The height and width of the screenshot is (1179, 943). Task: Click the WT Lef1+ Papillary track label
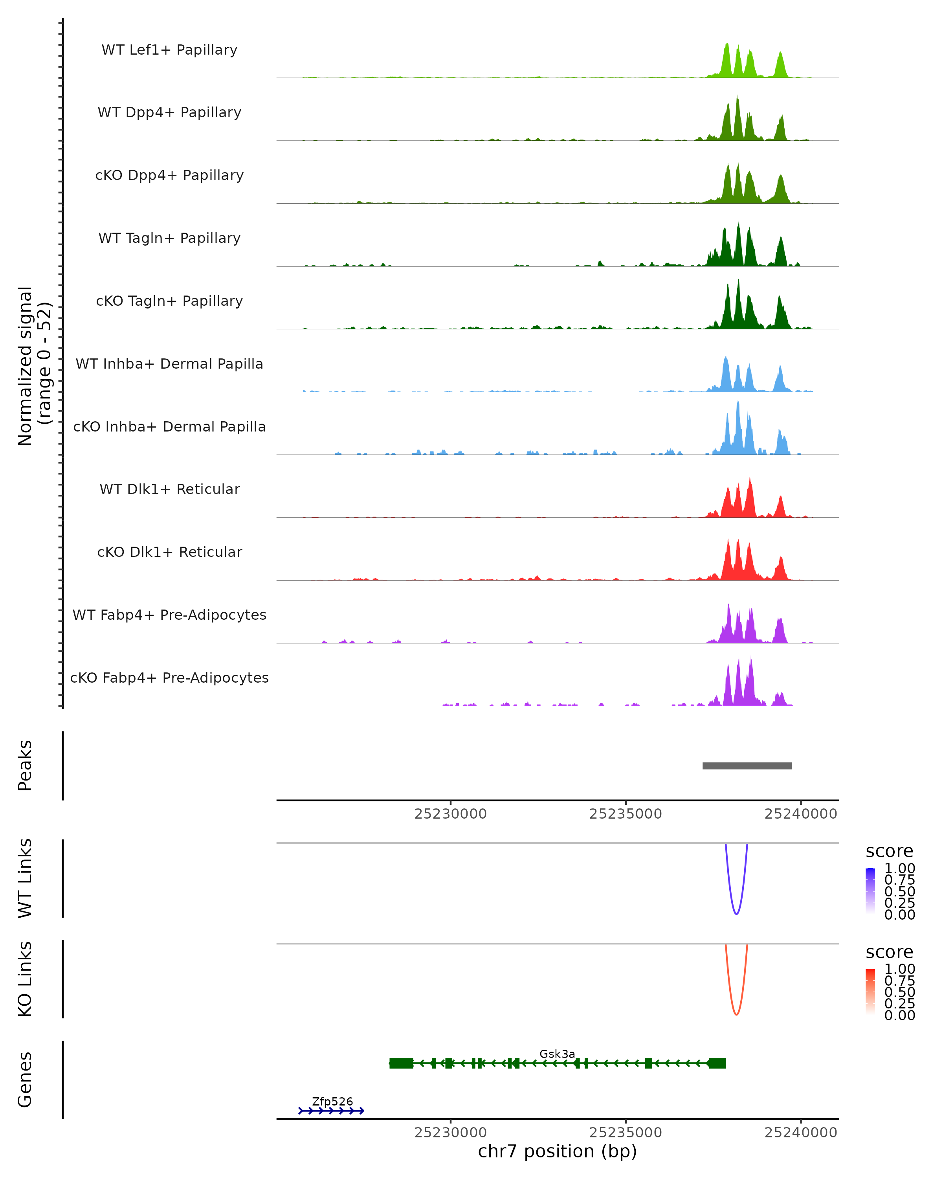coord(169,50)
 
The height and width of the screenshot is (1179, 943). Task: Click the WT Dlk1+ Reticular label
coord(169,489)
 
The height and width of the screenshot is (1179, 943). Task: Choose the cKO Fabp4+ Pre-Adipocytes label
coord(169,678)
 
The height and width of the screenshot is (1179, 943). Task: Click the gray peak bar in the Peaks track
coord(747,766)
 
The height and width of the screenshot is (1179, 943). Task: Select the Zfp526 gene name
coord(332,1101)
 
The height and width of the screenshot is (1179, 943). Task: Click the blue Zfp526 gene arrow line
coord(331,1111)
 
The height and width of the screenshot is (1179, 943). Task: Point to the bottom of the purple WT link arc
coord(736,913)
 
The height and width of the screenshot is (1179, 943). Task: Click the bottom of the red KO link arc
coord(736,1014)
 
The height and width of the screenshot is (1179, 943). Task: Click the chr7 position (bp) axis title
coord(557,1151)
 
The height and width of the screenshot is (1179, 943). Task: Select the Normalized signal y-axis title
coord(34,366)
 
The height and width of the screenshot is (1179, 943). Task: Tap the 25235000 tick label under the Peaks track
coord(626,814)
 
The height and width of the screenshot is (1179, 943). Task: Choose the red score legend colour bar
coord(870,992)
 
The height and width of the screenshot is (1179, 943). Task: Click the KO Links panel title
coord(25,979)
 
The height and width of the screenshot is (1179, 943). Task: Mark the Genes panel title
coord(25,1080)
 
